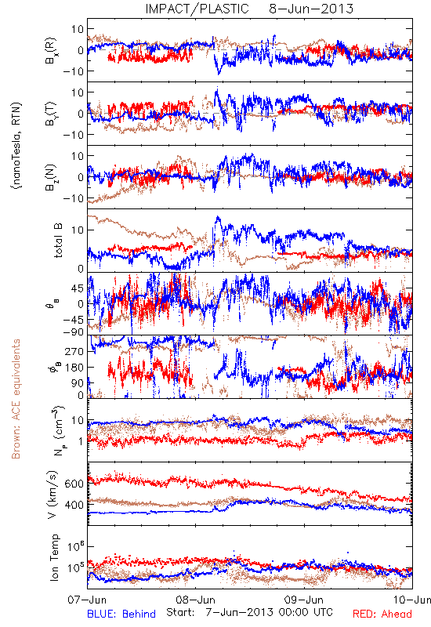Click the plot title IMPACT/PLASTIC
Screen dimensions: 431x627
point(197,9)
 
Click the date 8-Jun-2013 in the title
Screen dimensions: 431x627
point(311,9)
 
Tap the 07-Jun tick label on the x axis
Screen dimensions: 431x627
point(87,600)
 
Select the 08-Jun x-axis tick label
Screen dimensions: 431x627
point(195,600)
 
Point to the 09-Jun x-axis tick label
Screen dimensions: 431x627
point(304,600)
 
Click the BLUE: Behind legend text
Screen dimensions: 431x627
point(121,614)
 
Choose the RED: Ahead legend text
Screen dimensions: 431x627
point(382,614)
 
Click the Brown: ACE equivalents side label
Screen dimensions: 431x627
point(16,399)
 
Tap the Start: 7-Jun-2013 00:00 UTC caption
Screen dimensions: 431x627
point(249,612)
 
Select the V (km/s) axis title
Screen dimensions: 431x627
point(53,495)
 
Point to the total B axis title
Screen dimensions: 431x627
point(57,241)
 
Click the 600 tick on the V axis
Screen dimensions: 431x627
point(75,484)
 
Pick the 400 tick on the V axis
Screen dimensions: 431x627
point(75,505)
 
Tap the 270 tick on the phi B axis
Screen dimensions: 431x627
point(75,351)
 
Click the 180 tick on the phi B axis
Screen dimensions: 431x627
point(75,367)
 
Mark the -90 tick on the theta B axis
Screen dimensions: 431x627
point(73,332)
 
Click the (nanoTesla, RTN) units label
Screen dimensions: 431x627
point(16,146)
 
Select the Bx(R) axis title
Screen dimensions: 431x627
point(51,50)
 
